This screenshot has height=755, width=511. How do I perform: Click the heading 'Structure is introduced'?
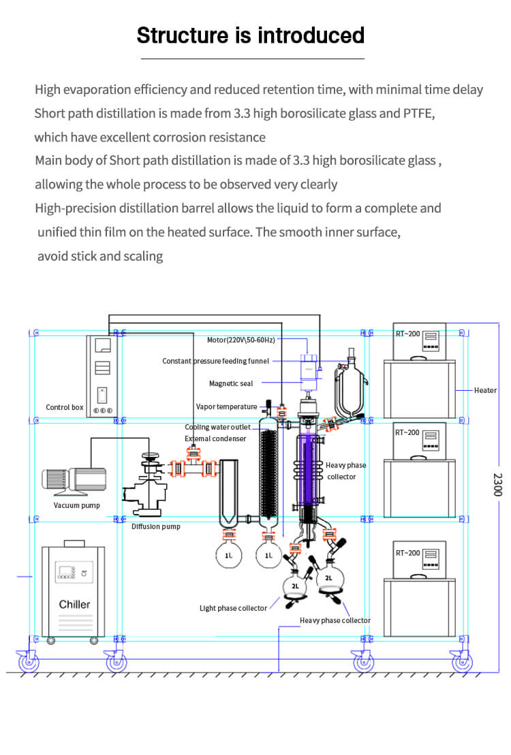(x=250, y=35)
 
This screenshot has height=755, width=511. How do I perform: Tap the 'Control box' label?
(x=64, y=407)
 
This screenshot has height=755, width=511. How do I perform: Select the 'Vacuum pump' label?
(x=76, y=505)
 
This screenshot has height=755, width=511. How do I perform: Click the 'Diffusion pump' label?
(x=155, y=526)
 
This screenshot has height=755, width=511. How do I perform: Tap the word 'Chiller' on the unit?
(x=74, y=604)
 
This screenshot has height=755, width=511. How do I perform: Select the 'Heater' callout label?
(x=485, y=390)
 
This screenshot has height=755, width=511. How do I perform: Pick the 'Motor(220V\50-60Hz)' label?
(x=241, y=339)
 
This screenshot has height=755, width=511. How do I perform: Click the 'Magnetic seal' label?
(x=230, y=384)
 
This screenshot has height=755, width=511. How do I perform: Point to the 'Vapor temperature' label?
(x=226, y=406)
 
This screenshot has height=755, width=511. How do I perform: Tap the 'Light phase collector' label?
(x=233, y=608)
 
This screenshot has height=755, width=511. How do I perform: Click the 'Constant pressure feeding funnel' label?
(x=215, y=361)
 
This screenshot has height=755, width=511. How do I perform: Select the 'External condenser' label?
(x=215, y=438)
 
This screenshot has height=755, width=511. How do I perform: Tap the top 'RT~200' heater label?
(x=408, y=334)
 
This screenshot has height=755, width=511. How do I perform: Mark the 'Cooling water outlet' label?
(x=217, y=428)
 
